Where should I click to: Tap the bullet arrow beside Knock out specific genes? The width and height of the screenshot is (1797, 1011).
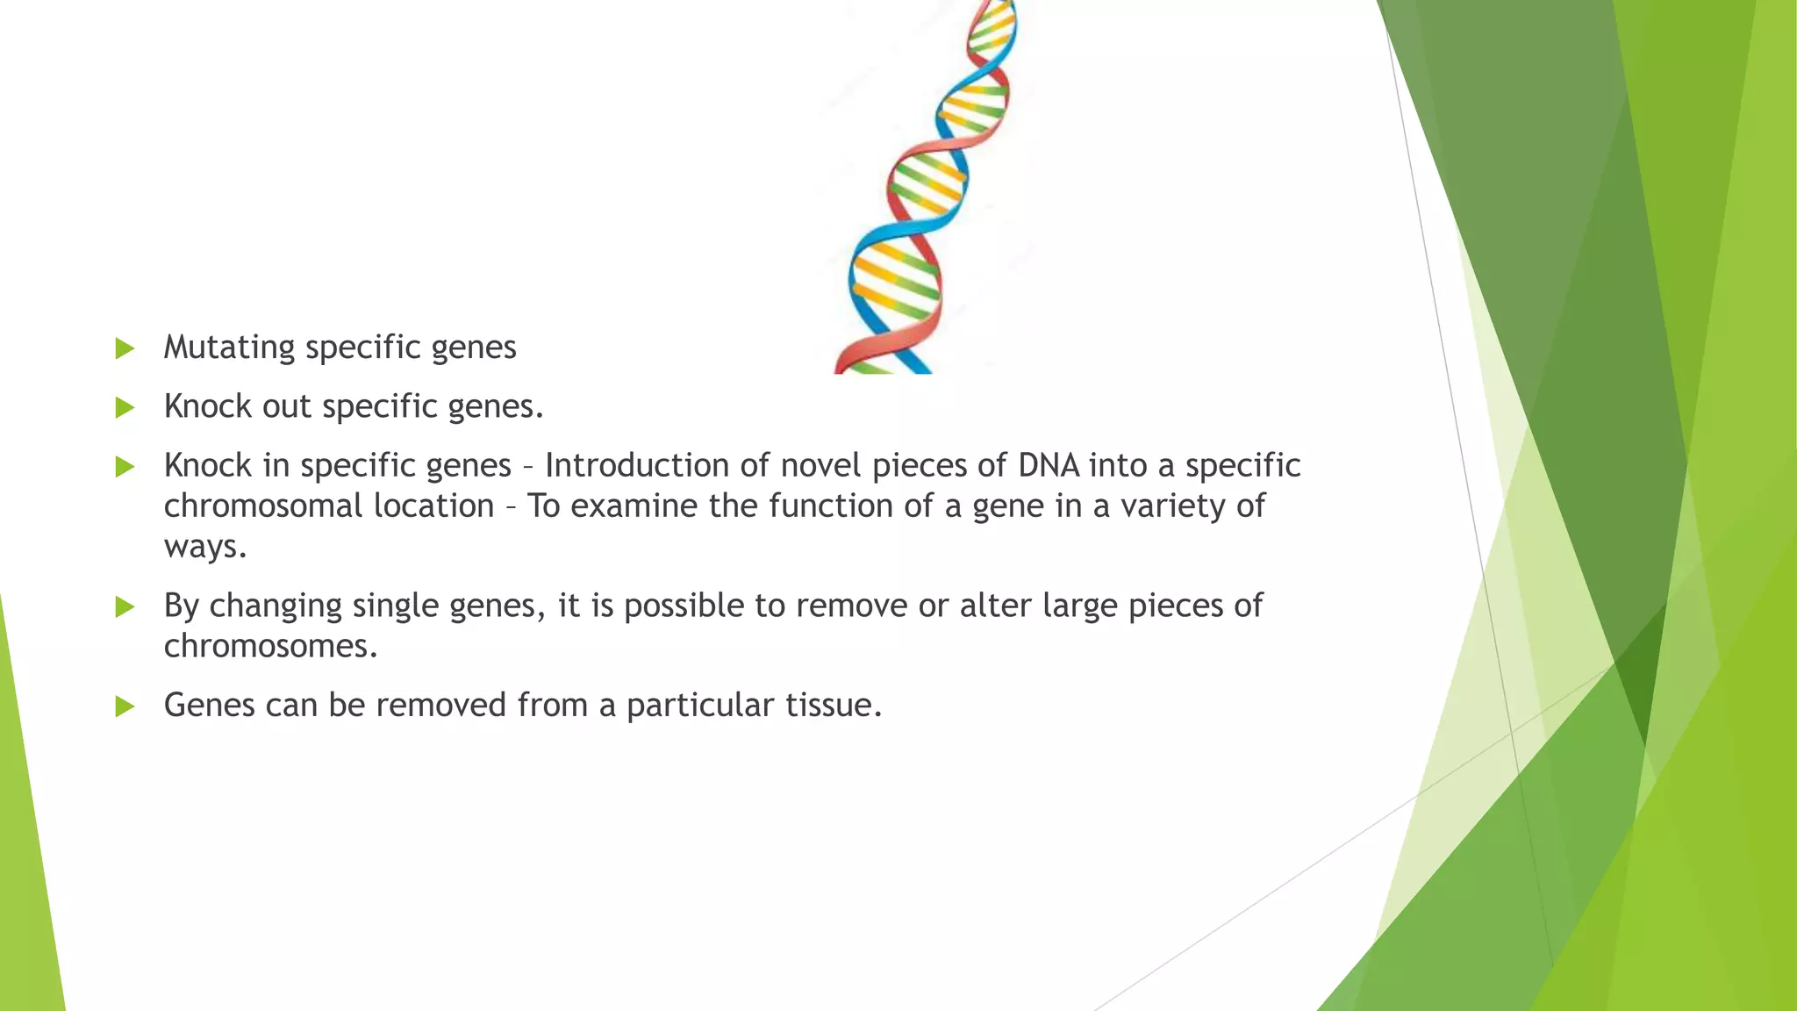point(125,407)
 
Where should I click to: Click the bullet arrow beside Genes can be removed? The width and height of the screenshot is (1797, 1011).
point(125,706)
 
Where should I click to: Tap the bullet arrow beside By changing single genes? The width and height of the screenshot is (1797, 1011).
point(125,606)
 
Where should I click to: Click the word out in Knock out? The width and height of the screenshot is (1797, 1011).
point(286,407)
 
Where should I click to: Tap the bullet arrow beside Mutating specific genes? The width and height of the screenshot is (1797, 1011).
point(125,348)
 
